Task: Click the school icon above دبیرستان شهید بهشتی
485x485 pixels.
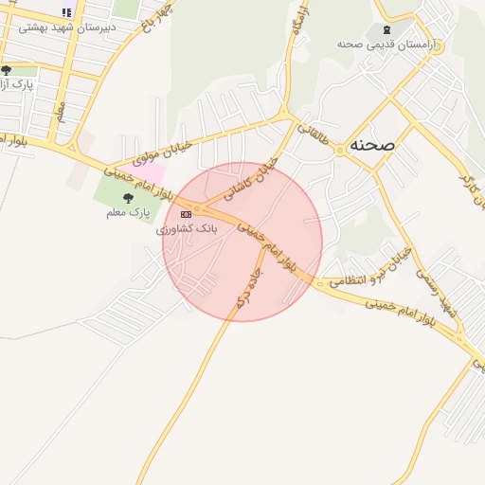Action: (66, 12)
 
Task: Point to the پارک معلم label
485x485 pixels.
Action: (128, 213)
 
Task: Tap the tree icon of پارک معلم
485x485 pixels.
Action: (128, 199)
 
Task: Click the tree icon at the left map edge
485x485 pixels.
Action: (6, 70)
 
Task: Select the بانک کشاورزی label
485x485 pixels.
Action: (187, 229)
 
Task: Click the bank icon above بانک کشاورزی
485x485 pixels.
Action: (186, 215)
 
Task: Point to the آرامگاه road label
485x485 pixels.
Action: (299, 21)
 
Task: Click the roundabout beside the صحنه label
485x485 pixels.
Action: (339, 152)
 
